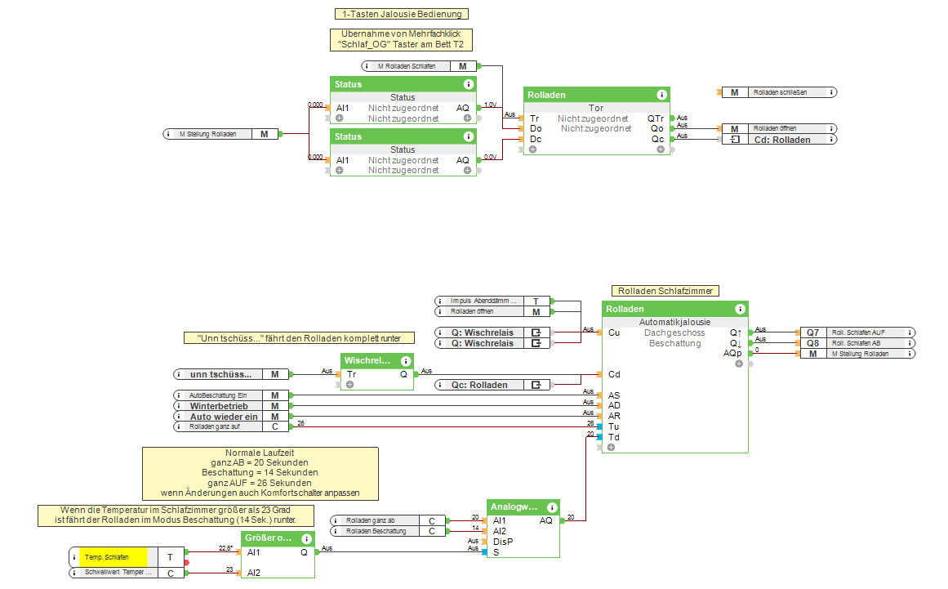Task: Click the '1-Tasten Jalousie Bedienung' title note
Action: [402, 14]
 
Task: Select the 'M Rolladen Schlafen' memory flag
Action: [417, 66]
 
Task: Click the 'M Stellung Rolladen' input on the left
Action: [220, 134]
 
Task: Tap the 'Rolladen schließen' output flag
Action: [779, 92]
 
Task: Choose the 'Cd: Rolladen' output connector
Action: [779, 140]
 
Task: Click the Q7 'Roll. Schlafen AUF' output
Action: [857, 332]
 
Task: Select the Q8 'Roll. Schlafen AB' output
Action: [857, 343]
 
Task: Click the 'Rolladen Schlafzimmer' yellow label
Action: [665, 291]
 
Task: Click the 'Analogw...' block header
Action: [516, 507]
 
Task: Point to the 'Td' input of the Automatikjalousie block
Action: [613, 437]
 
